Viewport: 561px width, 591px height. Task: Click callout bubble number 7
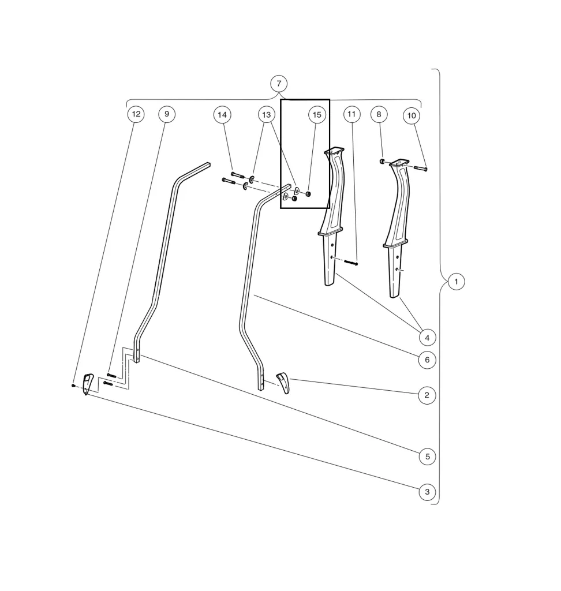279,84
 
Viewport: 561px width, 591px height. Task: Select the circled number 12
136,114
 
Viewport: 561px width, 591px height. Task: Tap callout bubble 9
167,114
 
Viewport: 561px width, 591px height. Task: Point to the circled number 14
222,115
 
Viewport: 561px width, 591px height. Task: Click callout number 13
266,115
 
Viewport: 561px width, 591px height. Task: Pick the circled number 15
316,115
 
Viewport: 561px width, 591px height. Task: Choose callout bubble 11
352,114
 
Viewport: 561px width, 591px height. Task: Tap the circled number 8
379,114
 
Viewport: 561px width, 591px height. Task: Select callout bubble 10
412,116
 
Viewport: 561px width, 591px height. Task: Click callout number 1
456,282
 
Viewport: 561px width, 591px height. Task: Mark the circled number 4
427,338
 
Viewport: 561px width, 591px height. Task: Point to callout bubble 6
427,360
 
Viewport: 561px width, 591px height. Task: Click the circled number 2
427,395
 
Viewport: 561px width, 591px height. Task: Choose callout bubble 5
427,457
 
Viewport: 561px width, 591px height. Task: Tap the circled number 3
427,492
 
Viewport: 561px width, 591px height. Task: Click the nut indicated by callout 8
382,161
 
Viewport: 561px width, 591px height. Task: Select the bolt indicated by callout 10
420,169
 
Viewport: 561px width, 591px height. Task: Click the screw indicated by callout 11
351,263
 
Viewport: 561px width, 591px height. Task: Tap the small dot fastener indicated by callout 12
73,385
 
